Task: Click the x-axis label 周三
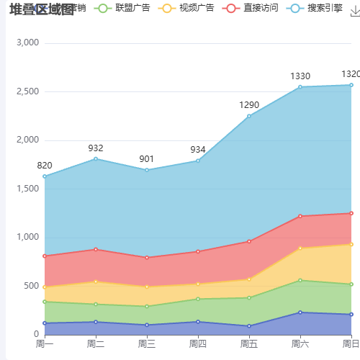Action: click(147, 344)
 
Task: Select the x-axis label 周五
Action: click(249, 344)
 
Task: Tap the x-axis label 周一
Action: click(45, 344)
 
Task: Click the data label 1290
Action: click(249, 105)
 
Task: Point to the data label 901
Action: click(147, 159)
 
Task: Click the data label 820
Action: click(45, 166)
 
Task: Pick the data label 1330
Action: click(300, 76)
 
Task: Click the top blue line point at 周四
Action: click(198, 161)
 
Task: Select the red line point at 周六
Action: click(300, 216)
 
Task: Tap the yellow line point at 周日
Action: click(351, 244)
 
